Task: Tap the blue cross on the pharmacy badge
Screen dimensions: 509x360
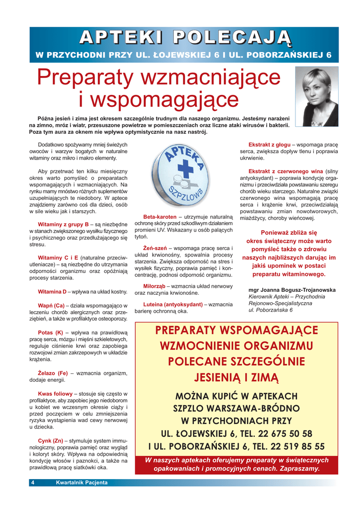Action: tap(185, 169)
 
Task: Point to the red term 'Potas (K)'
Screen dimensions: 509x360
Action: tap(50, 332)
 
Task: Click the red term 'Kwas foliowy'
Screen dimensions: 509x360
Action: tap(55, 393)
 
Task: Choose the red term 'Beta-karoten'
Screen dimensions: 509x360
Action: tap(160, 217)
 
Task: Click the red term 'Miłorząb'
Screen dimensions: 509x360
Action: tap(154, 286)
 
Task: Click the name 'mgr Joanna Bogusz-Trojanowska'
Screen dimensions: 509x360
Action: tap(291, 290)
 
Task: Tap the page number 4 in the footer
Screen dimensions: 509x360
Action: tap(33, 482)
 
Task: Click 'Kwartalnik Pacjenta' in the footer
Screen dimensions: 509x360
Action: tap(82, 482)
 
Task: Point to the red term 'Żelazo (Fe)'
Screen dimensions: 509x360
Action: tap(53, 373)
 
